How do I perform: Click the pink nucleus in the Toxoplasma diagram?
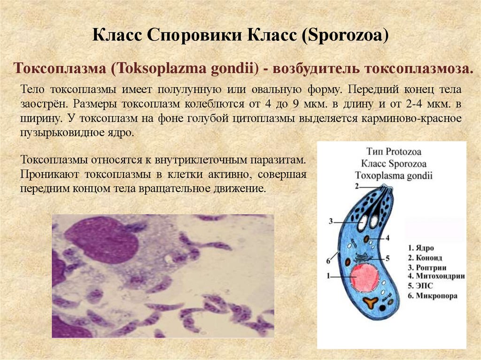pyautogui.click(x=365, y=278)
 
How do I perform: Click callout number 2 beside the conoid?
pyautogui.click(x=357, y=186)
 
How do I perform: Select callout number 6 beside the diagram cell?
pyautogui.click(x=327, y=261)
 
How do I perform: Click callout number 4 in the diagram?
pyautogui.click(x=388, y=237)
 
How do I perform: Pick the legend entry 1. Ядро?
pyautogui.click(x=421, y=248)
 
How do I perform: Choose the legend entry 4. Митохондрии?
pyautogui.click(x=435, y=276)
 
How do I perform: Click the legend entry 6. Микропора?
pyautogui.click(x=433, y=296)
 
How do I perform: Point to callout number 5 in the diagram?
pyautogui.click(x=388, y=258)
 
